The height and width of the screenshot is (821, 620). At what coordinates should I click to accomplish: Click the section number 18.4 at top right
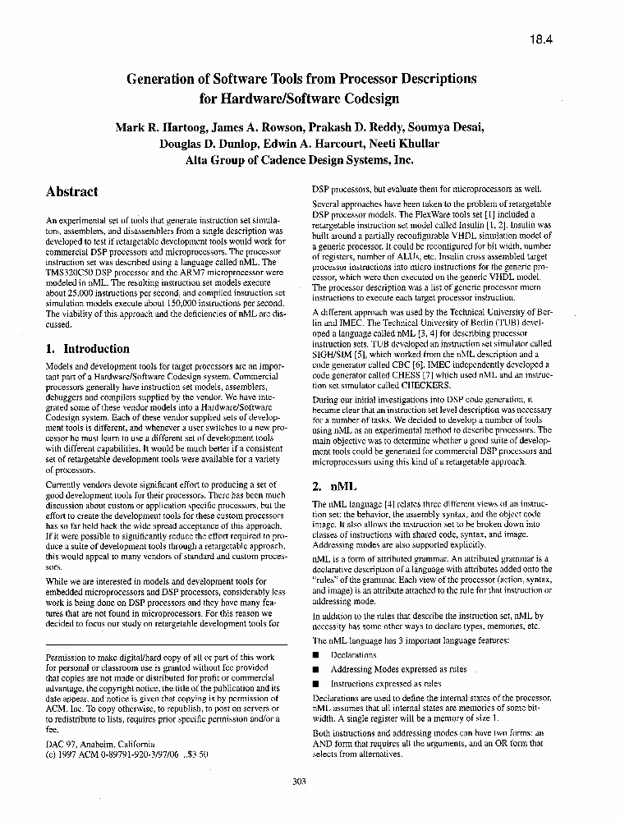pyautogui.click(x=543, y=38)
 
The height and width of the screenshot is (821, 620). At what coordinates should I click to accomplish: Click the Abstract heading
pyautogui.click(x=72, y=191)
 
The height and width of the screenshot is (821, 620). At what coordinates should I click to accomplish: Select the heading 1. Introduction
pyautogui.click(x=88, y=348)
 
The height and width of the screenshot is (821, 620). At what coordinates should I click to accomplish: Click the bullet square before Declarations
pyautogui.click(x=316, y=655)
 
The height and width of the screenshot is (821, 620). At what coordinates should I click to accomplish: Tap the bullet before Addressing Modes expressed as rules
pyautogui.click(x=316, y=669)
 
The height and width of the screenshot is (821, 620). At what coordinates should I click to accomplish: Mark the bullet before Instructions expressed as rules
pyautogui.click(x=316, y=683)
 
